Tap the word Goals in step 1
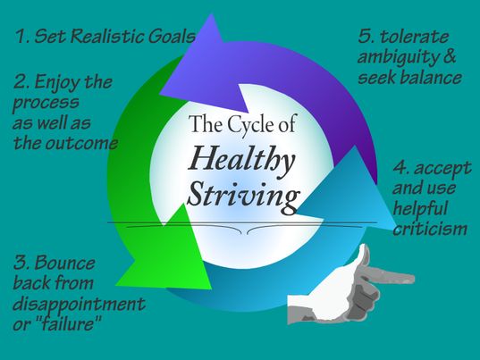click(172, 36)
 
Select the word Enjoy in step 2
click(58, 83)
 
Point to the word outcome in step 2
click(81, 143)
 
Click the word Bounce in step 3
click(64, 263)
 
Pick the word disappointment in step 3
click(79, 305)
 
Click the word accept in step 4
click(442, 169)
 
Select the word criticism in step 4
click(430, 229)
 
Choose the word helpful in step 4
click(420, 209)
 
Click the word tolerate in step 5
click(414, 37)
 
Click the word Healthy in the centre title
click(241, 161)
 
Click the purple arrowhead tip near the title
click(247, 112)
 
